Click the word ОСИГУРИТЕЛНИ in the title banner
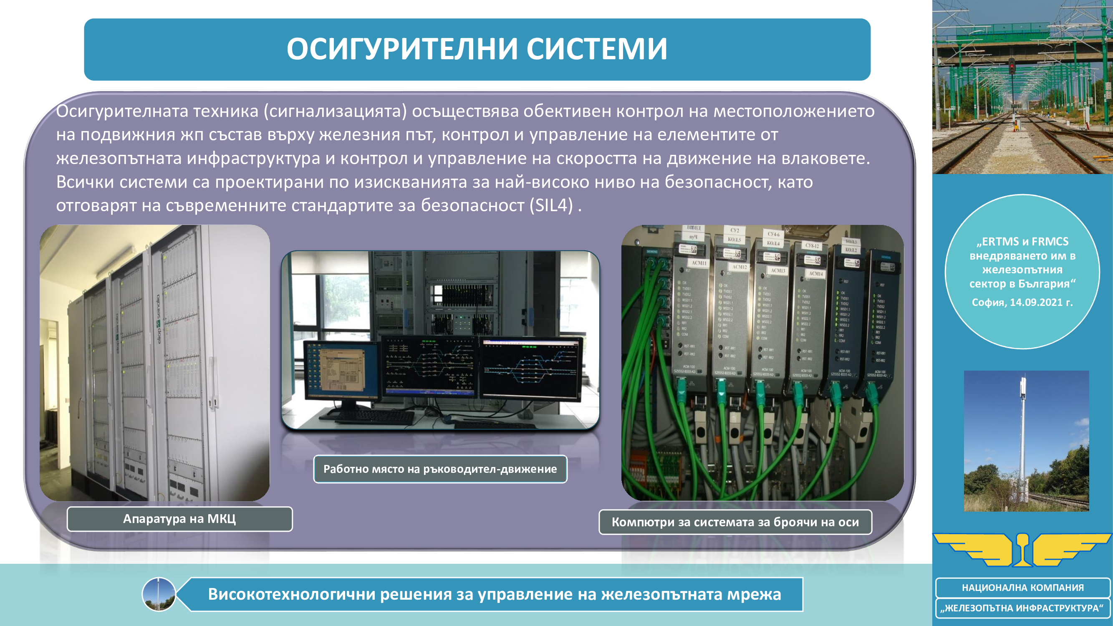click(x=402, y=49)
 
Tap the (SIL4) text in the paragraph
click(x=551, y=205)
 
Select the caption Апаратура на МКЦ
click(x=179, y=518)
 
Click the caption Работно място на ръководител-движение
click(x=440, y=469)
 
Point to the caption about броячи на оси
click(x=735, y=522)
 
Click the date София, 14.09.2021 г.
click(x=1022, y=303)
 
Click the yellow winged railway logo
click(x=1022, y=550)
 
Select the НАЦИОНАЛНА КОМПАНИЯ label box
click(x=1022, y=588)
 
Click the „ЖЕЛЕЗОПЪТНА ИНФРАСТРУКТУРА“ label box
click(x=1022, y=608)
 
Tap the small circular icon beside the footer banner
click(x=159, y=594)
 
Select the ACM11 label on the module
click(x=699, y=263)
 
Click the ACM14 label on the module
click(x=816, y=273)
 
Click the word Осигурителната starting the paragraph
click(x=122, y=111)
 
